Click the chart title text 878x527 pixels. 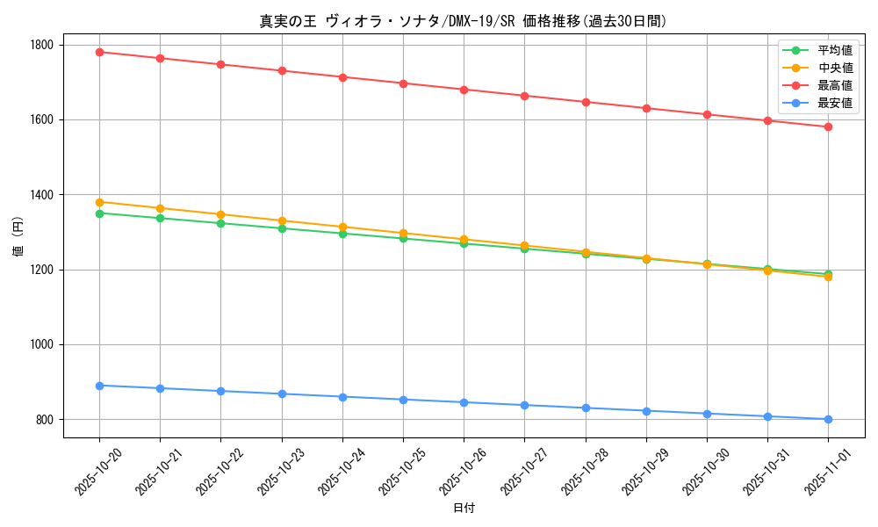[x=464, y=22]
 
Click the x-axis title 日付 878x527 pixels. [x=464, y=508]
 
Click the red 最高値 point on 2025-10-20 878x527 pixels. [x=99, y=52]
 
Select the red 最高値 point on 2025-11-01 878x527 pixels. [x=828, y=126]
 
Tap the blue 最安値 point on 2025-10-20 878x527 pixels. [x=99, y=386]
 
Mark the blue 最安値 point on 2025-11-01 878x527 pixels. [x=828, y=419]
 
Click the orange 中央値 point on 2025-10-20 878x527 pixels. [x=99, y=202]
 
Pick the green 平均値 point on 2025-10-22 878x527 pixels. [x=220, y=223]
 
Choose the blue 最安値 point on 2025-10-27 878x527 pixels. [x=524, y=405]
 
